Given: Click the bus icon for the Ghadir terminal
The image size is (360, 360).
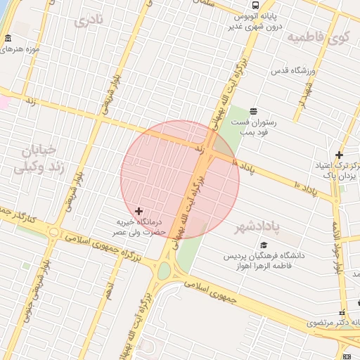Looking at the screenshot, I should (x=255, y=5).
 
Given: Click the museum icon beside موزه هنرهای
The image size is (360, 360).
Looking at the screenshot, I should (x=8, y=37).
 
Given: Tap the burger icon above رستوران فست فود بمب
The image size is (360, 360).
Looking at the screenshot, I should (x=253, y=111).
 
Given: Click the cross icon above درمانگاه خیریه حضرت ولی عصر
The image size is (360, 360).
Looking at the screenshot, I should (x=139, y=211).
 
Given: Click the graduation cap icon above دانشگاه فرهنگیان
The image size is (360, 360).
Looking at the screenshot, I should (x=264, y=245).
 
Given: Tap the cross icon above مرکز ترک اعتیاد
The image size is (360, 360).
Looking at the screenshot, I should (x=339, y=155).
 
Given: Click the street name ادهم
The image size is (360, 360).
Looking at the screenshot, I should (x=108, y=289).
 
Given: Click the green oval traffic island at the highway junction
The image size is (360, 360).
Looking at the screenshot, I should (x=165, y=271).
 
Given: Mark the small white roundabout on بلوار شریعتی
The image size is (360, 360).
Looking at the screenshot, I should (x=54, y=232).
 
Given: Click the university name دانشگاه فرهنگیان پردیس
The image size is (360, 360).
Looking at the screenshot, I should (x=267, y=256).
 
